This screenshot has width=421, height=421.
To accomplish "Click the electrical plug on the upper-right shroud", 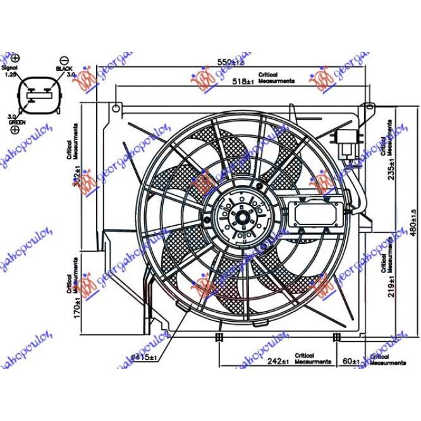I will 346,142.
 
